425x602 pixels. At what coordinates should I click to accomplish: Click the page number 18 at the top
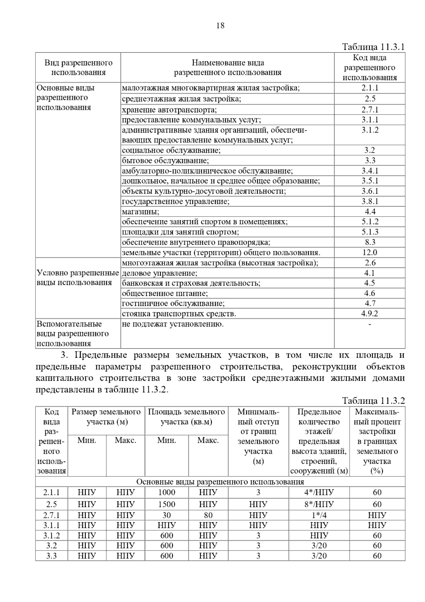[220, 26]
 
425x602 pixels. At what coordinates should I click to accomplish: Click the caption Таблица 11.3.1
[373, 47]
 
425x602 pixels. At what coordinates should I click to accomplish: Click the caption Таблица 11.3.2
[373, 401]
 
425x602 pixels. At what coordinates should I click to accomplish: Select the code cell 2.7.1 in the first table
[370, 110]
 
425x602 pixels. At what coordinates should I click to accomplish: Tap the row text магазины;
[141, 212]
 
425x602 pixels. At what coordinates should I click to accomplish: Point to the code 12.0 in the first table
[370, 252]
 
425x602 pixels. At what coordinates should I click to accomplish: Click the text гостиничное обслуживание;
[173, 303]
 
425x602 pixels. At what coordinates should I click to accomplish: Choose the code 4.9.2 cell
[370, 314]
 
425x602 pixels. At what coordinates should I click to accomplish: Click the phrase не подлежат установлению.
[173, 324]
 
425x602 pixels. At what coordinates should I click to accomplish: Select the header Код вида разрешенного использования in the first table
[370, 67]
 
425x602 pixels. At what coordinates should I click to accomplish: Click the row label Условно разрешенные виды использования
[78, 278]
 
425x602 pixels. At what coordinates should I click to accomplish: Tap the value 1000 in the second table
[166, 492]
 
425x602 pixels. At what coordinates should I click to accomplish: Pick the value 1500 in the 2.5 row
[166, 504]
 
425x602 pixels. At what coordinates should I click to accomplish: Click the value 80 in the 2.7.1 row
[208, 515]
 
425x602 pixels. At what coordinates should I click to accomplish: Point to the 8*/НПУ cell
[319, 504]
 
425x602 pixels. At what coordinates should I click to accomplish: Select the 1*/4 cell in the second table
[319, 515]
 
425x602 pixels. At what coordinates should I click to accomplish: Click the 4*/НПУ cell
[319, 492]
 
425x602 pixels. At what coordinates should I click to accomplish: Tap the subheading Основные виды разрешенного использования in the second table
[220, 482]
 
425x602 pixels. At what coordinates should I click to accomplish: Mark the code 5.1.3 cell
[370, 232]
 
